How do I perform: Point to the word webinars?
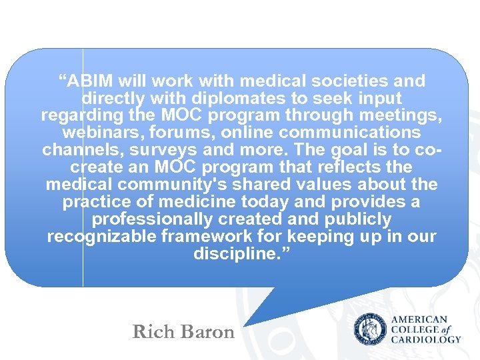pos(95,133)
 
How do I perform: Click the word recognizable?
pos(95,237)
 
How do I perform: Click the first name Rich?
pos(152,332)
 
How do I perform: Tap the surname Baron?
pos(207,332)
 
